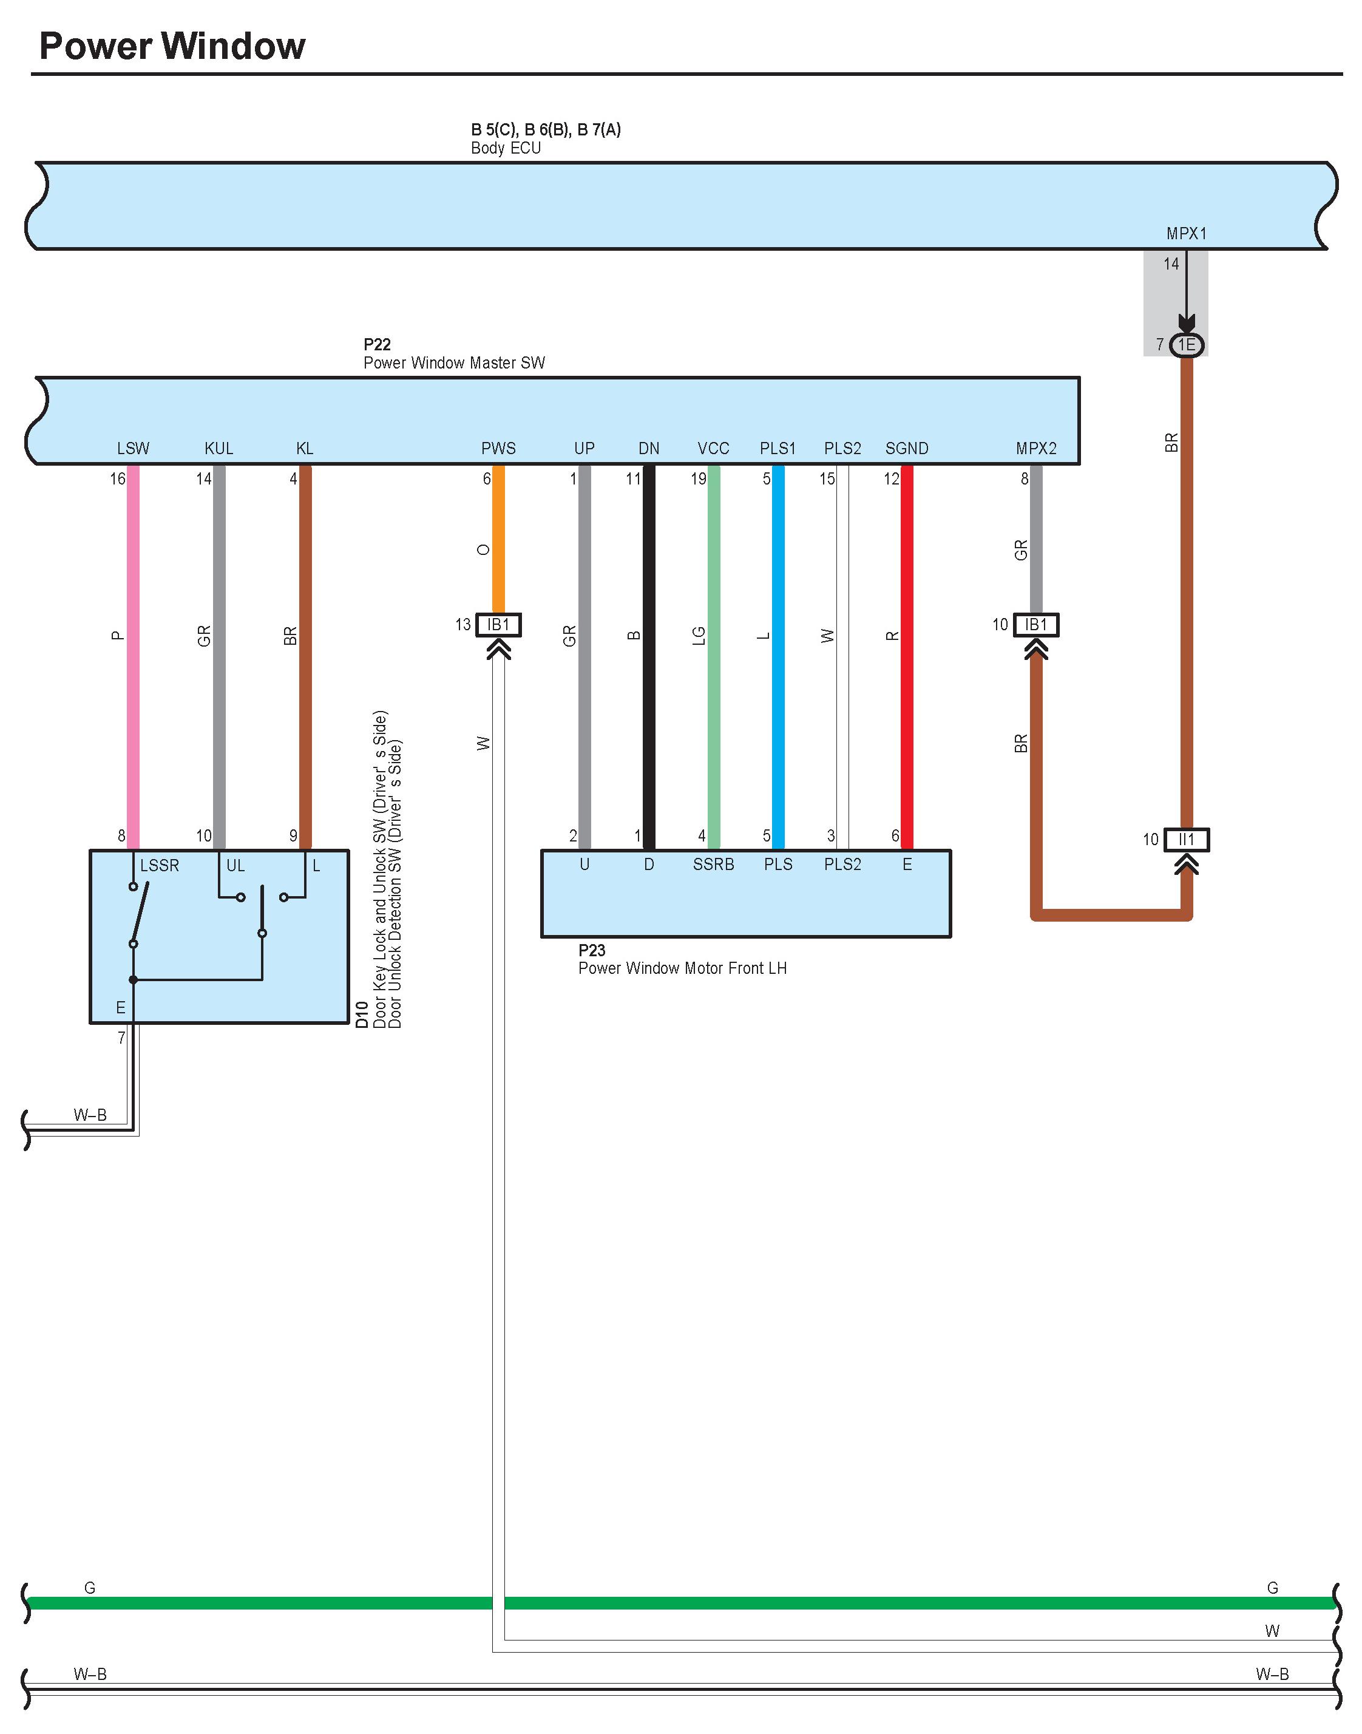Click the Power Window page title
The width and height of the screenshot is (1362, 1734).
172,46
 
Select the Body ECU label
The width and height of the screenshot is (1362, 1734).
506,148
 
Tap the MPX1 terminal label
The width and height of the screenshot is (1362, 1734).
1187,234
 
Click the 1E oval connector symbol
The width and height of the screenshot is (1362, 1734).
1187,345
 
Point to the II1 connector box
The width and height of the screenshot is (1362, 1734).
1187,839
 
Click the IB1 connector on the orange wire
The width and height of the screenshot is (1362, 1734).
498,625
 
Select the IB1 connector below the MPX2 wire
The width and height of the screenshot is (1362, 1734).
1036,625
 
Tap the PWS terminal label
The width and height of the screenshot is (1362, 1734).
498,448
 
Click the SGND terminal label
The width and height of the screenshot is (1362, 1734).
907,448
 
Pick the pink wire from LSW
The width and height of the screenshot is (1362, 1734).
133,657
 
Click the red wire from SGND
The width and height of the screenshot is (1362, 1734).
907,657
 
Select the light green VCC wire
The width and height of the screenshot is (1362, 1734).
714,657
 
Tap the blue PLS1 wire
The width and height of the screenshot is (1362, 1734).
778,657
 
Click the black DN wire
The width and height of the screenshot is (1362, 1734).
649,657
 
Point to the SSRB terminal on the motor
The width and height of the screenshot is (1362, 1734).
714,865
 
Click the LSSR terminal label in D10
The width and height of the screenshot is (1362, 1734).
160,865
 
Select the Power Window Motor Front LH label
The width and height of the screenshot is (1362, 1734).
683,968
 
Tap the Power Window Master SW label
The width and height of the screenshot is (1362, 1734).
455,363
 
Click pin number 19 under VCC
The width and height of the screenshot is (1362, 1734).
699,478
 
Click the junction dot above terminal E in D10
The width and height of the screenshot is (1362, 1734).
133,979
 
